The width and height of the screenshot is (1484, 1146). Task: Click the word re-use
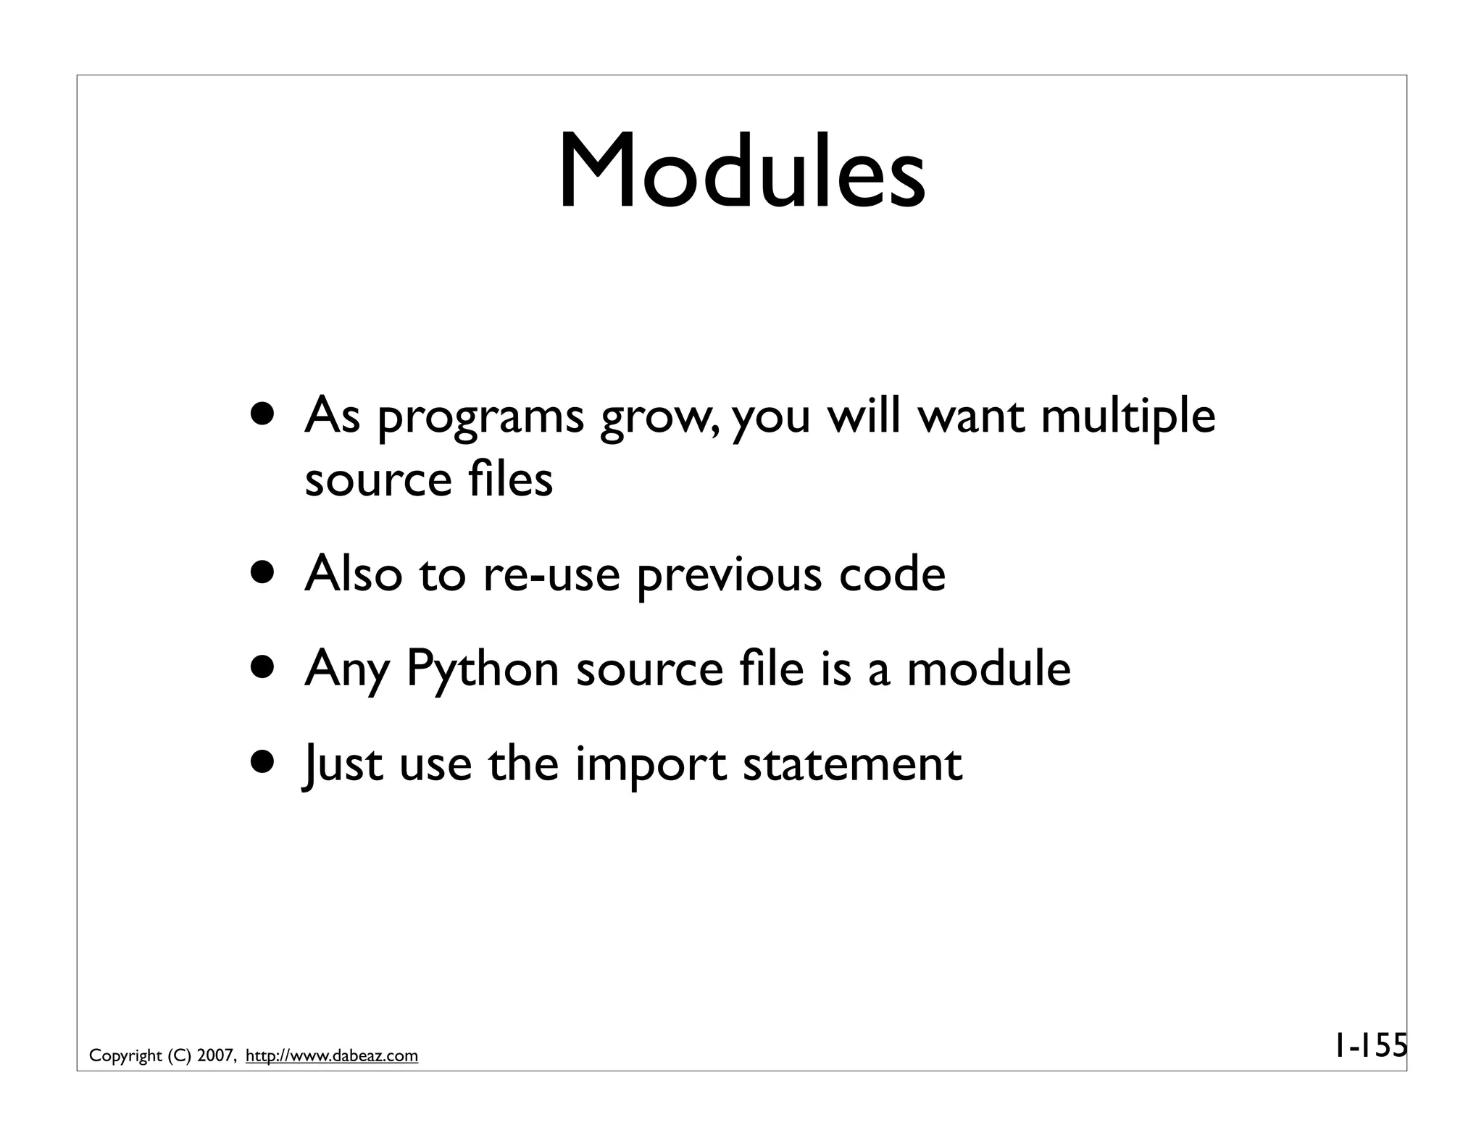(x=551, y=574)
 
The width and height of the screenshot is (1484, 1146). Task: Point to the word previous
(x=730, y=574)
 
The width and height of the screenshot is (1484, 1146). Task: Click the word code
(x=891, y=574)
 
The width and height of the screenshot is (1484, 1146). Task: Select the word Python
(x=482, y=669)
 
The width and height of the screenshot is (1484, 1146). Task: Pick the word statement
(x=852, y=765)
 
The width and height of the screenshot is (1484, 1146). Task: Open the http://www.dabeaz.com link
(x=332, y=1056)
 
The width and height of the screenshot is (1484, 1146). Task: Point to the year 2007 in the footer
(x=214, y=1056)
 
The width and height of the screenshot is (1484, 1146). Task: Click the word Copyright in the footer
(x=125, y=1056)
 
